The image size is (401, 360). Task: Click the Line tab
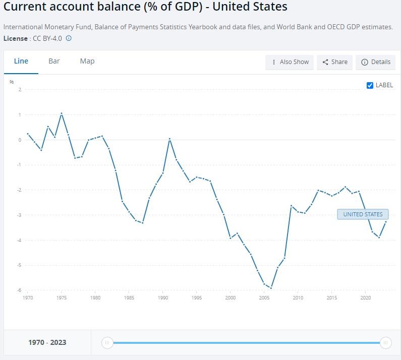[x=21, y=61]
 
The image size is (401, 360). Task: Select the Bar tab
[x=54, y=61]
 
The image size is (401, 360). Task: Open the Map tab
[x=87, y=61]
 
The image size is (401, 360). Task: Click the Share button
[x=334, y=62]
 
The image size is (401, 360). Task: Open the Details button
[x=376, y=62]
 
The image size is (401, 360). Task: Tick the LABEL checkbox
[x=370, y=85]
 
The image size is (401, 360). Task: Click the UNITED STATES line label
[x=363, y=214]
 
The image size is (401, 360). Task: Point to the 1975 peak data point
[x=62, y=113]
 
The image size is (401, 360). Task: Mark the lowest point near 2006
[x=271, y=288]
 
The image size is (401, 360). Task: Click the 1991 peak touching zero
[x=169, y=139]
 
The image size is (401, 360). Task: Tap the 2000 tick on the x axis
[x=231, y=298]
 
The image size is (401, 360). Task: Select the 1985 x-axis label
[x=129, y=298]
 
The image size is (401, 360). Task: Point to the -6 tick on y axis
[x=19, y=290]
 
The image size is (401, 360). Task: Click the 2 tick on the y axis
[x=20, y=90]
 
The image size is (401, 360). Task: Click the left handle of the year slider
[x=107, y=343]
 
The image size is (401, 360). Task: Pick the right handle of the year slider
[x=385, y=343]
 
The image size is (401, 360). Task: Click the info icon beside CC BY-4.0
[x=69, y=38]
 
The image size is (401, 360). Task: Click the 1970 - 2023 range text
[x=47, y=342]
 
